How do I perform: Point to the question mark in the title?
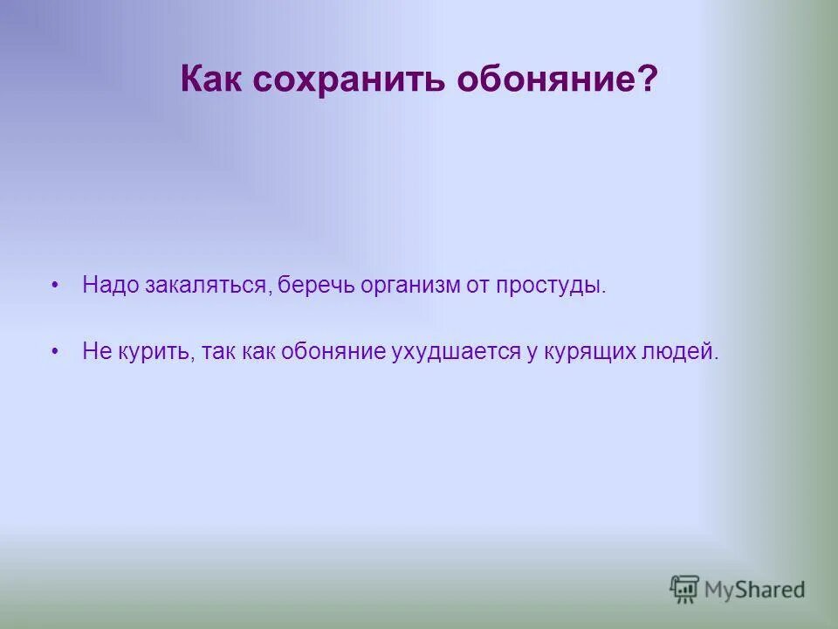coord(648,80)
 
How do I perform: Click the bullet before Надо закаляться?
coord(55,286)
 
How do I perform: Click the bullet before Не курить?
coord(55,351)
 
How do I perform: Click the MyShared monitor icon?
coord(684,589)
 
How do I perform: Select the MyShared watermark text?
coord(753,590)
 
